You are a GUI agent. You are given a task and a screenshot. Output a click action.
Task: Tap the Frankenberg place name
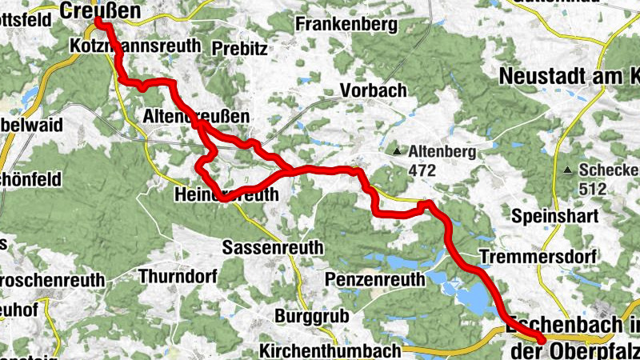(x=346, y=25)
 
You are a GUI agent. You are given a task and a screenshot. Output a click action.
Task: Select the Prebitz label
(x=239, y=48)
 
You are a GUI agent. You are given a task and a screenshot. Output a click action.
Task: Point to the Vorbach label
(x=374, y=90)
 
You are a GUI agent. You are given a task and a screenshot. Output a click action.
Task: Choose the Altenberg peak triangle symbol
(x=397, y=150)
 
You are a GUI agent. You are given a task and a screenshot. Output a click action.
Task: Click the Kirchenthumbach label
(x=330, y=350)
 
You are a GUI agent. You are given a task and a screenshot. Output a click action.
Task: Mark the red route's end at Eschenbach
(x=542, y=341)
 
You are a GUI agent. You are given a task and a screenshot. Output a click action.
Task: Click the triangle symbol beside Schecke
(x=567, y=170)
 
